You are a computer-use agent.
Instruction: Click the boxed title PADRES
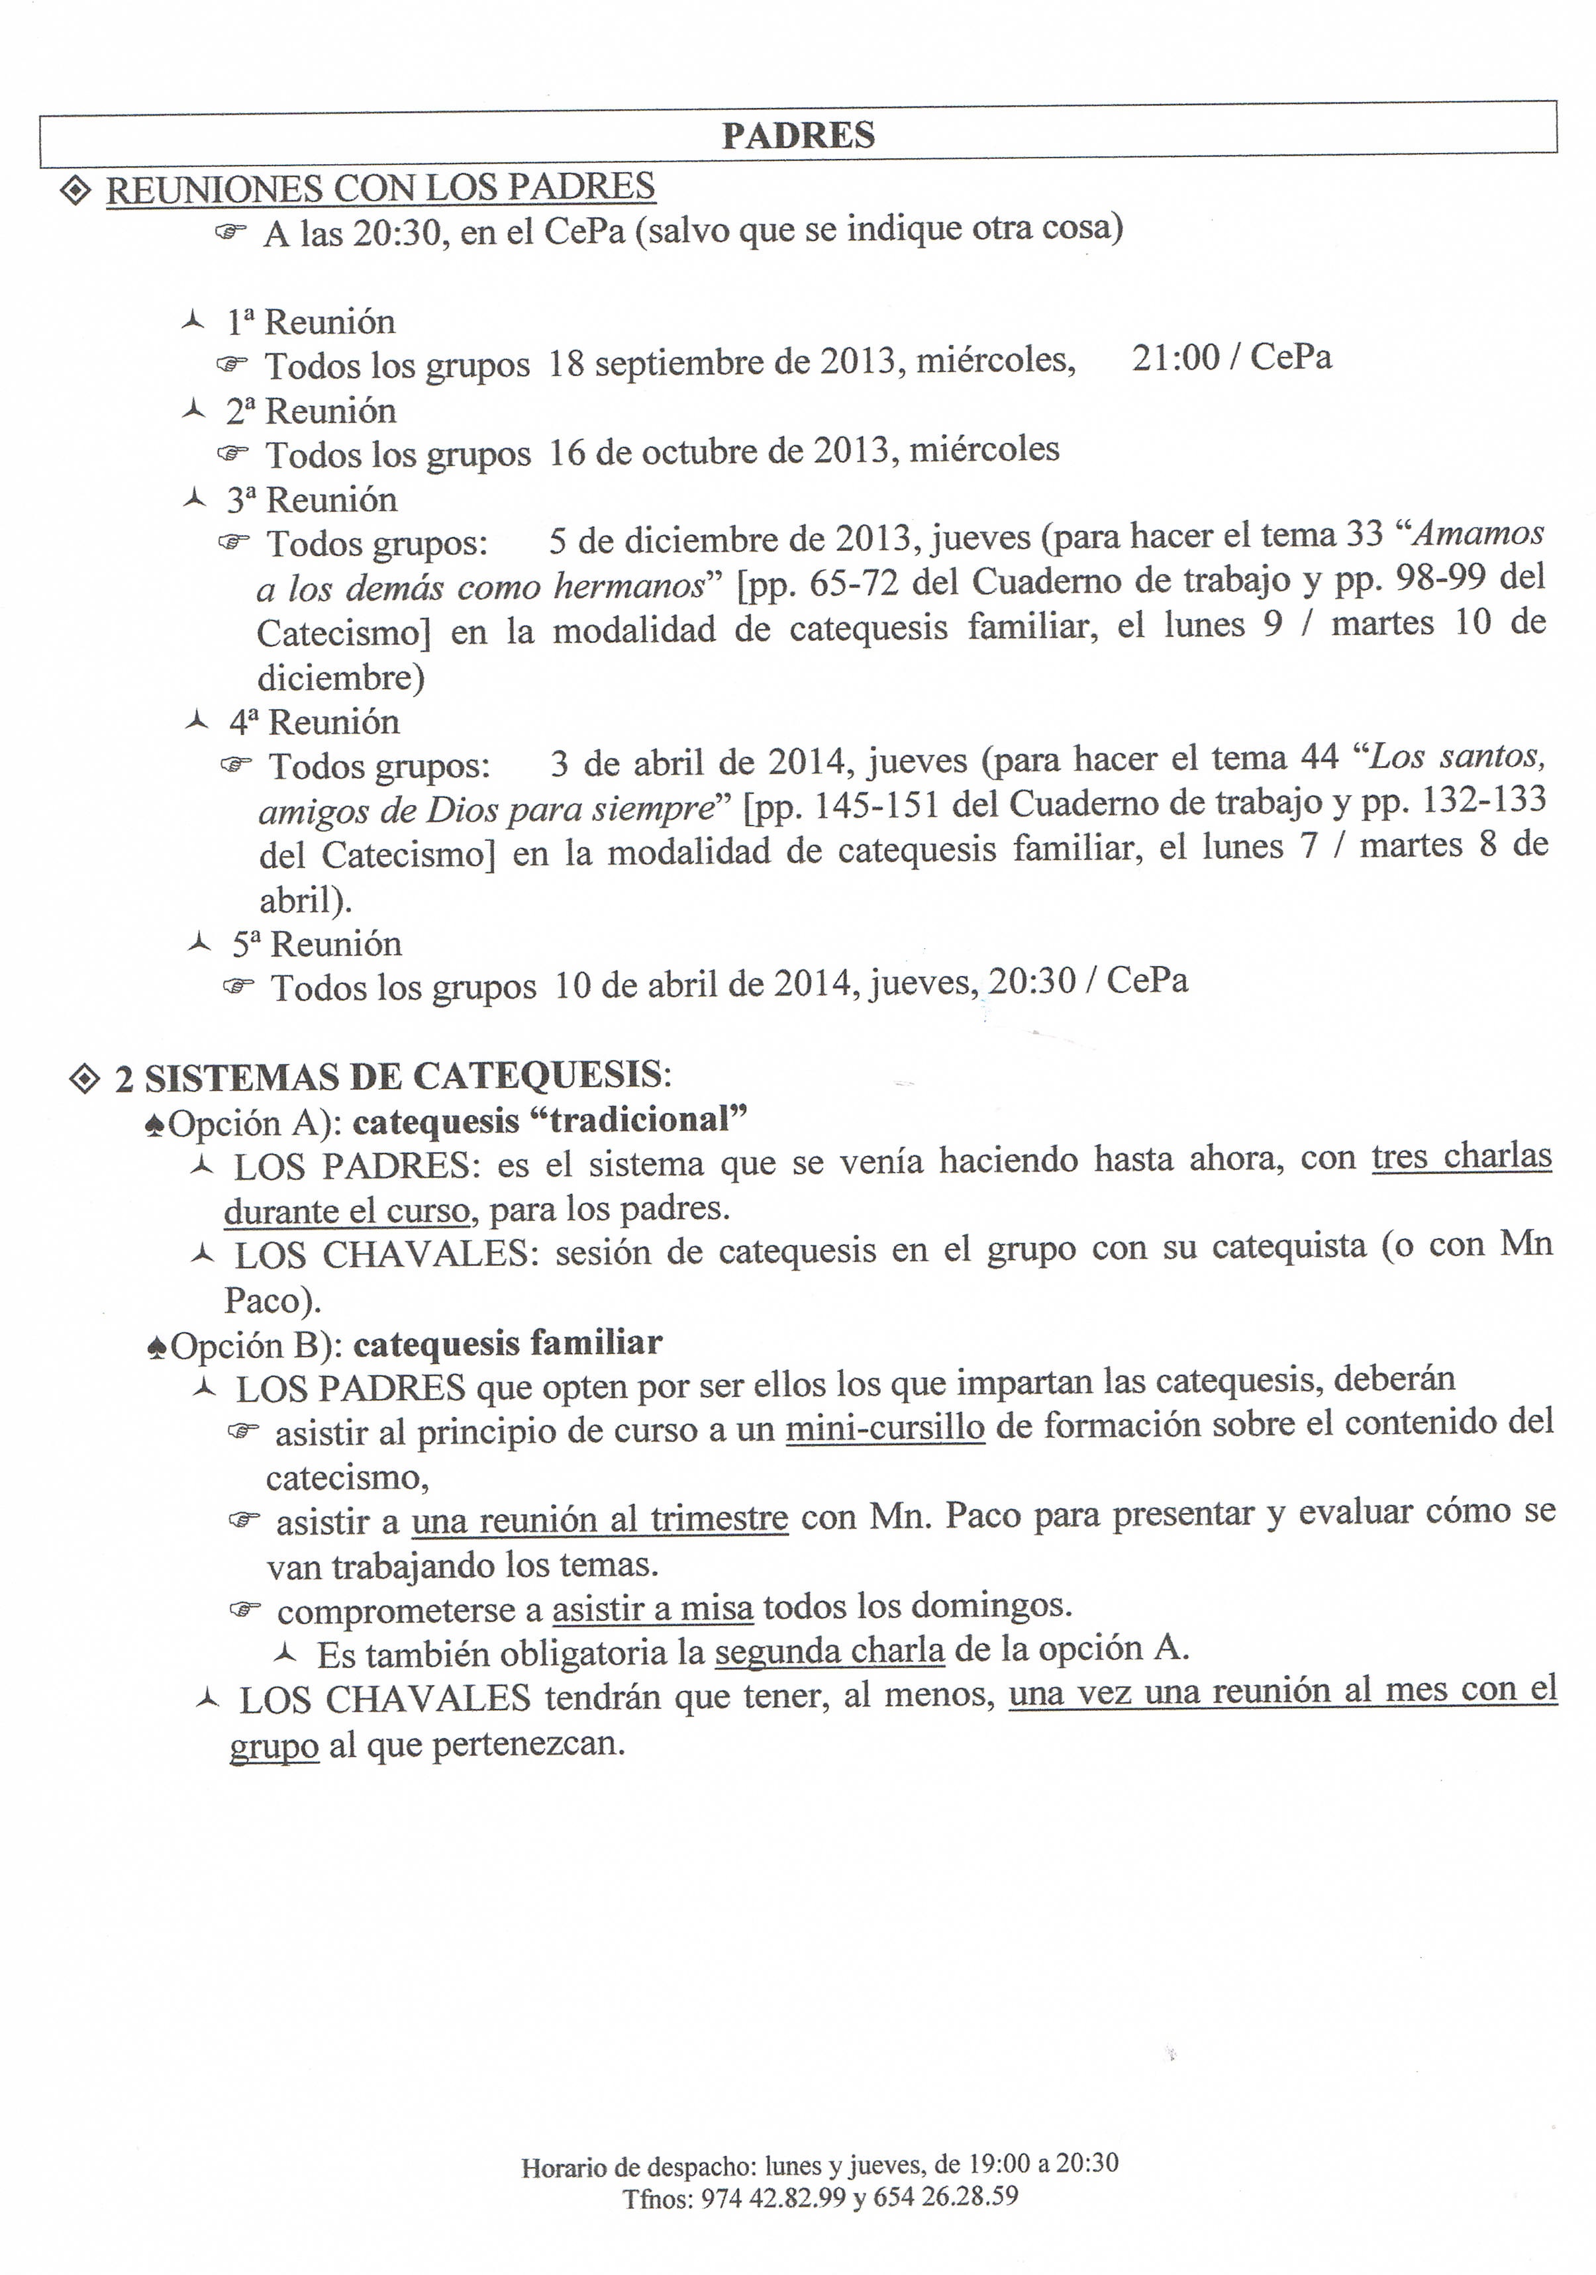(798, 136)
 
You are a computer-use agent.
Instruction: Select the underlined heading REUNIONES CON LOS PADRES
(381, 188)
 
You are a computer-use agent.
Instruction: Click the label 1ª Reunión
(311, 322)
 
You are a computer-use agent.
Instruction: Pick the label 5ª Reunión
(317, 944)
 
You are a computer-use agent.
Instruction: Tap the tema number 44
(1319, 758)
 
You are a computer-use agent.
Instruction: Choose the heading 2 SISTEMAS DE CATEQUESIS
(393, 1077)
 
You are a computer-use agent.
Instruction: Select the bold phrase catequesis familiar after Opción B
(507, 1343)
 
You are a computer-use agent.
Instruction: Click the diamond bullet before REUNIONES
(76, 190)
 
